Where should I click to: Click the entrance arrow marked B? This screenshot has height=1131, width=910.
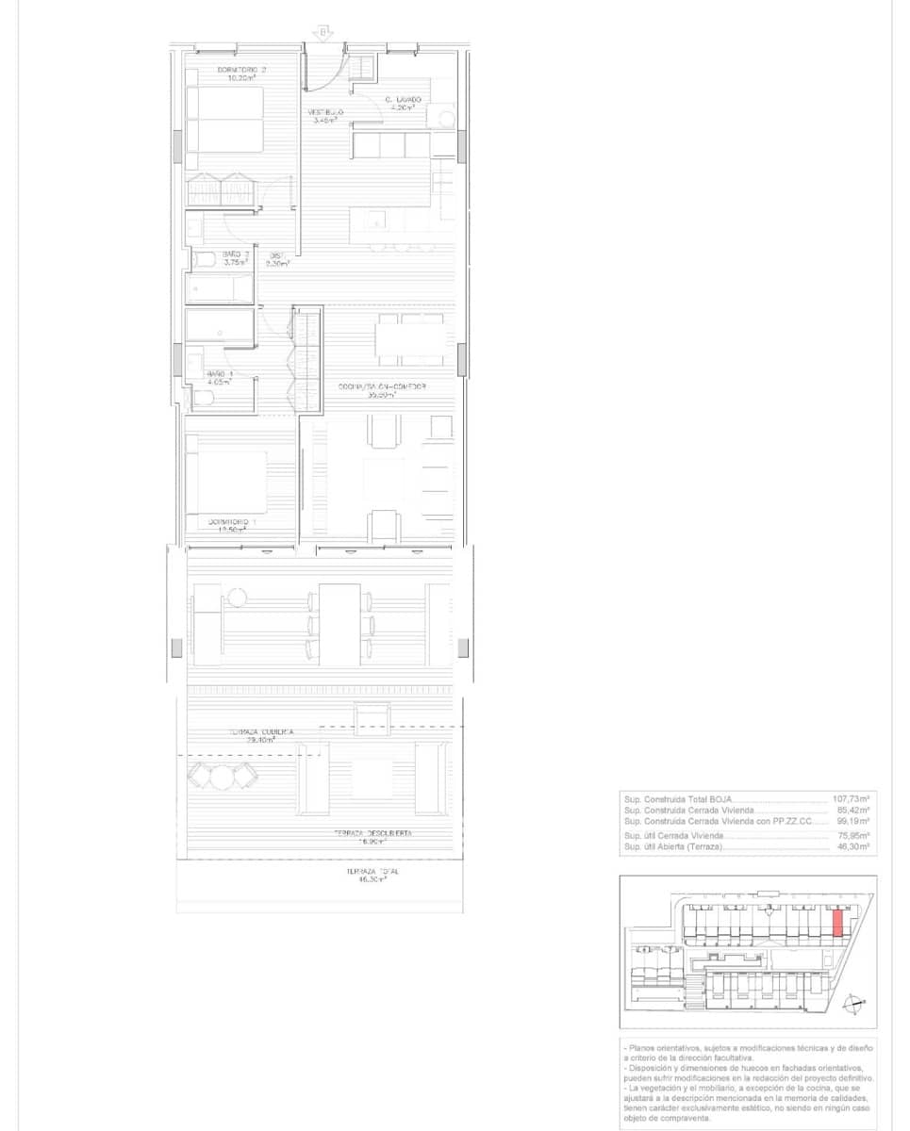coord(323,34)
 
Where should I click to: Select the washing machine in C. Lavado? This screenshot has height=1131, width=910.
coord(441,117)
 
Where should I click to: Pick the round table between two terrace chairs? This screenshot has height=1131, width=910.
coord(223,777)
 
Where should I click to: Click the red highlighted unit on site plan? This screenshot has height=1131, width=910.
coord(837,921)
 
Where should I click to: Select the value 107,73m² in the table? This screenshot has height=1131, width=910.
coord(851,797)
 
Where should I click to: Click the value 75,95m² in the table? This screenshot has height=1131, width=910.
coord(852,835)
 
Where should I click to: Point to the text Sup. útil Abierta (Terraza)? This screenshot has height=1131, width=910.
coord(673,847)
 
